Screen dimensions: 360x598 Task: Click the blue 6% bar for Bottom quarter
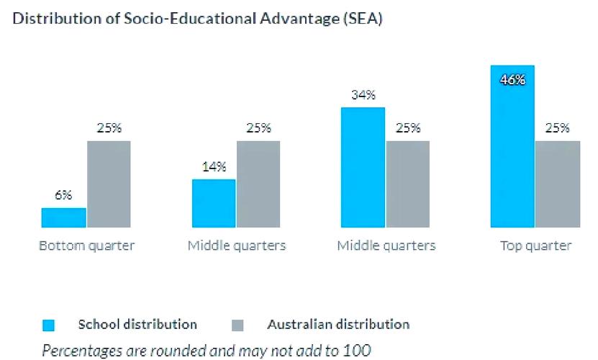(63, 217)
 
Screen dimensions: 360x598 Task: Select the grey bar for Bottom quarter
(109, 184)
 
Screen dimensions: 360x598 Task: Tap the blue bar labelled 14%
(214, 203)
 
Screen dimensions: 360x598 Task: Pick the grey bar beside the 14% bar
(258, 184)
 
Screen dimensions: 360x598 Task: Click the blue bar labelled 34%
(363, 167)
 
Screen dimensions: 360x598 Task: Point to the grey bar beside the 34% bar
(407, 184)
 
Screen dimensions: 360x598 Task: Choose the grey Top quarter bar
(557, 184)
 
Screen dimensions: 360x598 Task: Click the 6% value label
(63, 196)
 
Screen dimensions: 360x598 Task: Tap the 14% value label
(214, 167)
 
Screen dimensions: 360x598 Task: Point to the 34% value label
(363, 95)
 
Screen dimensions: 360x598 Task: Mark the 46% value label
(512, 80)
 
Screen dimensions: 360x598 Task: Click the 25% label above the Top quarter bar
(557, 128)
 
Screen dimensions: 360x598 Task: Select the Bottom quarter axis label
(86, 246)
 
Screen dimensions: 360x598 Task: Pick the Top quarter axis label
(536, 246)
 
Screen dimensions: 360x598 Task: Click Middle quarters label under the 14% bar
(237, 246)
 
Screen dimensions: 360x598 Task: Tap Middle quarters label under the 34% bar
(386, 246)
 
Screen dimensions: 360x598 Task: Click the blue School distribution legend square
(49, 325)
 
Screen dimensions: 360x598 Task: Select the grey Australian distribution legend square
(239, 325)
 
